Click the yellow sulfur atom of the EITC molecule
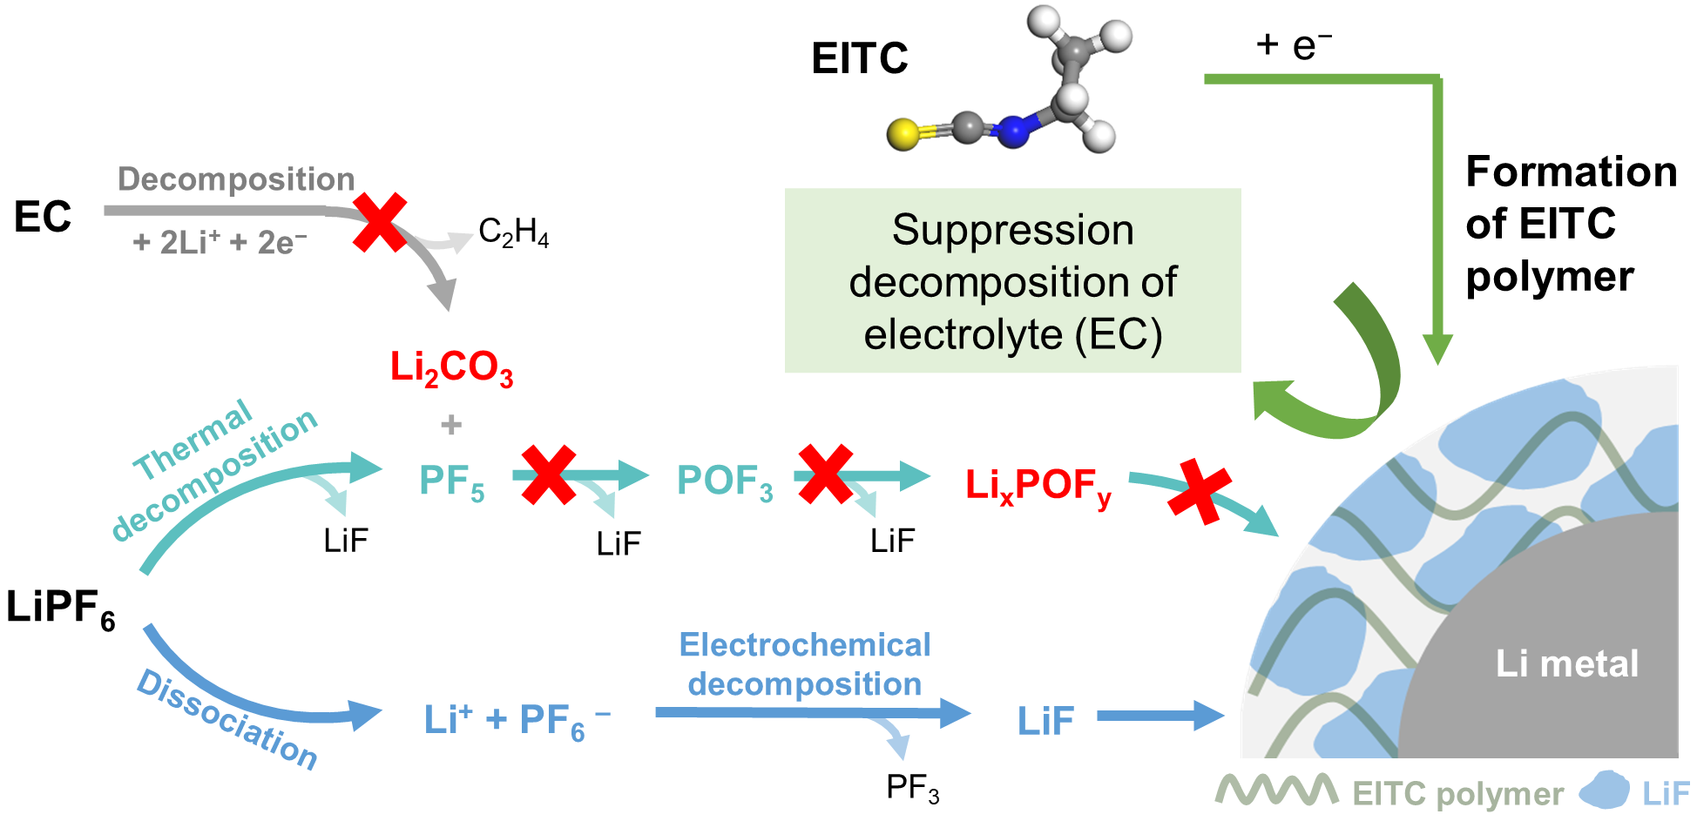click(903, 134)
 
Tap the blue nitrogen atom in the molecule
click(1012, 131)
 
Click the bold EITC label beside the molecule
click(859, 59)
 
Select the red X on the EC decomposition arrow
click(380, 223)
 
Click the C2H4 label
click(513, 232)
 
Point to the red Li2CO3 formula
click(451, 367)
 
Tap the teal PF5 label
click(451, 481)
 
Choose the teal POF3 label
click(725, 481)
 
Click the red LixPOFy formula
click(1038, 486)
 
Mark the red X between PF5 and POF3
click(548, 474)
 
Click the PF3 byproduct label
click(912, 788)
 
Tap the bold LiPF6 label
click(60, 608)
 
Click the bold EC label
click(43, 217)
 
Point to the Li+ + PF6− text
click(517, 721)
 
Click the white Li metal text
click(1566, 663)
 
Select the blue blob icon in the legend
click(1604, 790)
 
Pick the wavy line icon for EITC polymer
click(1276, 791)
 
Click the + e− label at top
click(1294, 45)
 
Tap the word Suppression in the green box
click(1012, 231)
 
